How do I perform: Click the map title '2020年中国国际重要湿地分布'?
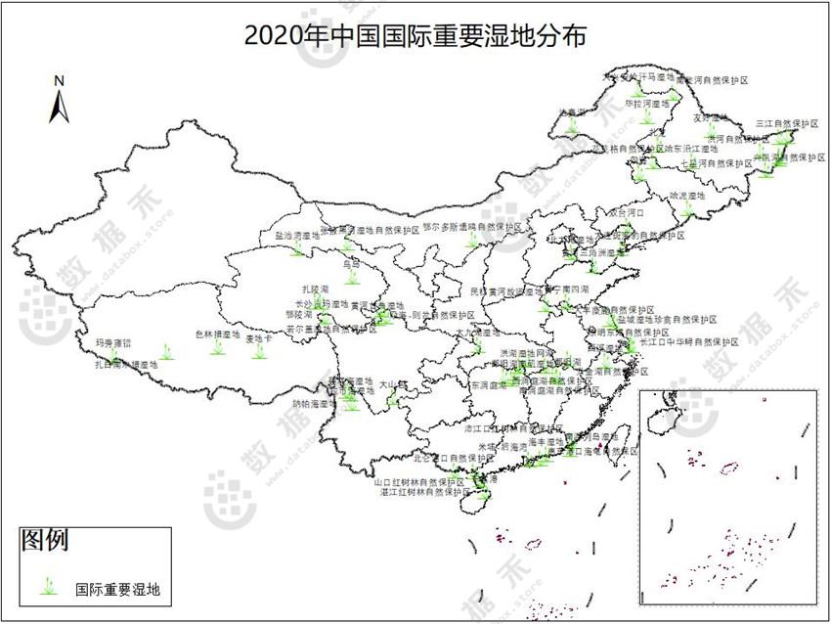(x=415, y=37)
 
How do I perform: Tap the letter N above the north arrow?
(x=59, y=81)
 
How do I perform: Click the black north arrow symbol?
(x=59, y=106)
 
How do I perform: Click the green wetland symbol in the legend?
(x=47, y=588)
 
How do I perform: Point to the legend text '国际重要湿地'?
(x=117, y=589)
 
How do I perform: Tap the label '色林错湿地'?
(x=217, y=334)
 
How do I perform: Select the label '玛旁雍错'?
(x=112, y=343)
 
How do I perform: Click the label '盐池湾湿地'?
(x=297, y=236)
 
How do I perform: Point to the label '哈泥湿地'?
(x=686, y=196)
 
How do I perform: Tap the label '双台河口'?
(x=627, y=210)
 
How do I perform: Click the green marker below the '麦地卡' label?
(x=259, y=352)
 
